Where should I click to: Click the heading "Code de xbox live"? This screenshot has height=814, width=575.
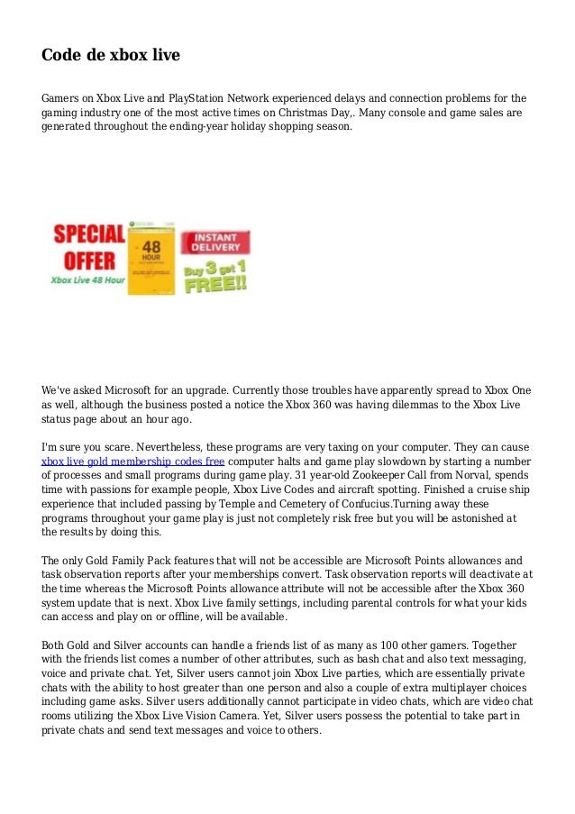pyautogui.click(x=111, y=56)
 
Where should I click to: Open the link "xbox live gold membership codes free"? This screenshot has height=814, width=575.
pyautogui.click(x=133, y=461)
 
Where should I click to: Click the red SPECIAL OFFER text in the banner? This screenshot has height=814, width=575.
pyautogui.click(x=87, y=248)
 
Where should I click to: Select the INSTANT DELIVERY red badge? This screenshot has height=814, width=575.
pyautogui.click(x=214, y=242)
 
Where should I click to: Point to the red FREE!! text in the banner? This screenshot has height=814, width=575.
pyautogui.click(x=216, y=281)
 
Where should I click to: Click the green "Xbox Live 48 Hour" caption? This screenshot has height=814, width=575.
pyautogui.click(x=87, y=281)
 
